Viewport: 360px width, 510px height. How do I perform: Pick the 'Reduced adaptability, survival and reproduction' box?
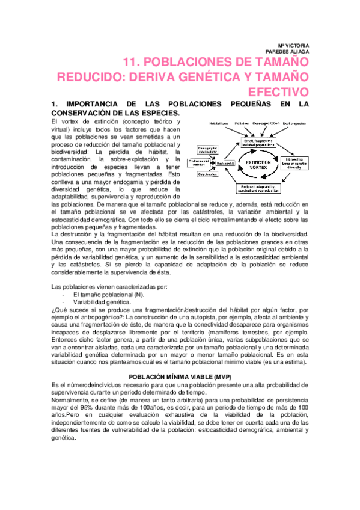coord(259,190)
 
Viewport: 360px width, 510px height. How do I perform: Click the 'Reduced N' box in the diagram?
coord(225,163)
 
